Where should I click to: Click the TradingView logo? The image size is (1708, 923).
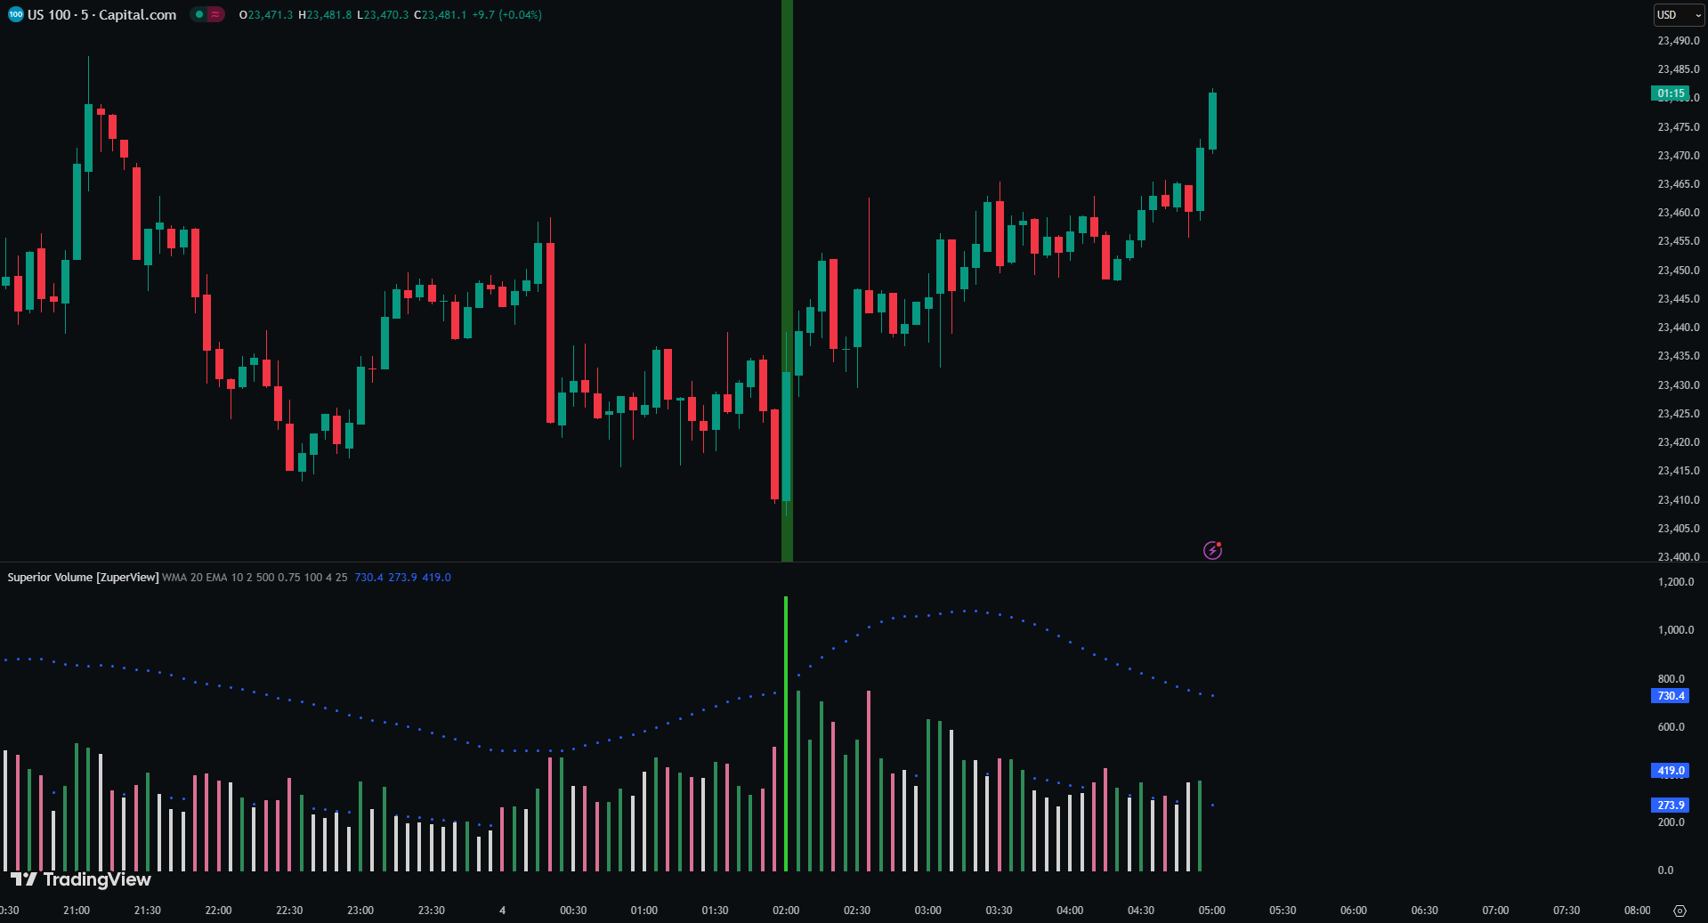click(x=81, y=879)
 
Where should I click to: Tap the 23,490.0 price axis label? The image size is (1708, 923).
click(x=1678, y=41)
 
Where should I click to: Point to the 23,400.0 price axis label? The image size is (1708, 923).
click(x=1678, y=556)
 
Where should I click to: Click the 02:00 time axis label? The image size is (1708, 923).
click(x=786, y=911)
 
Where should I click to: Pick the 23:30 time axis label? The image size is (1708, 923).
click(x=432, y=911)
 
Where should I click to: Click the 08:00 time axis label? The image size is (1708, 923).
click(x=1637, y=911)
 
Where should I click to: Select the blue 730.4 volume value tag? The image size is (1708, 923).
click(x=1670, y=696)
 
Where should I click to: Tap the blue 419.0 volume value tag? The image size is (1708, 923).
click(x=1670, y=771)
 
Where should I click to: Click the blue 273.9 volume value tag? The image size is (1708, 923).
click(x=1670, y=805)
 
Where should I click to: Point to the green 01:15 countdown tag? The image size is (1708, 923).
click(x=1670, y=93)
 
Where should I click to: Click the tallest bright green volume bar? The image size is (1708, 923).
click(x=786, y=730)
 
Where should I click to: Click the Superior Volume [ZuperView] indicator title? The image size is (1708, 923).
click(x=83, y=578)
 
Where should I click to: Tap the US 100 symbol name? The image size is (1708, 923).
click(x=49, y=15)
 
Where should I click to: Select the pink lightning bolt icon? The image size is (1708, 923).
click(x=1212, y=550)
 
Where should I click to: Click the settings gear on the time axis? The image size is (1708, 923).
click(x=1680, y=911)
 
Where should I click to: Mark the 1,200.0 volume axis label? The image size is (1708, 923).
click(x=1675, y=581)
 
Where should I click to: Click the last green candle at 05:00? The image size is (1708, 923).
click(x=1212, y=121)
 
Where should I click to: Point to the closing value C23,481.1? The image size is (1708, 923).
click(x=441, y=15)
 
